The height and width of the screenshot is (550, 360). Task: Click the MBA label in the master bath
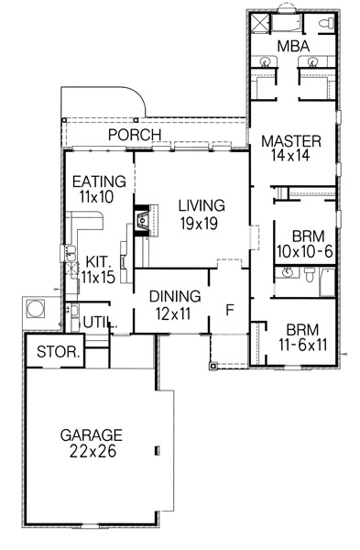tap(291, 46)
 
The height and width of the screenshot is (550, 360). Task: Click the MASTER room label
tap(290, 141)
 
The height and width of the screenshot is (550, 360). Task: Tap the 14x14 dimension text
tap(290, 157)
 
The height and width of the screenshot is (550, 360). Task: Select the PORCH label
tap(135, 136)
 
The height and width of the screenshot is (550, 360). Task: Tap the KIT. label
tap(96, 260)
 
